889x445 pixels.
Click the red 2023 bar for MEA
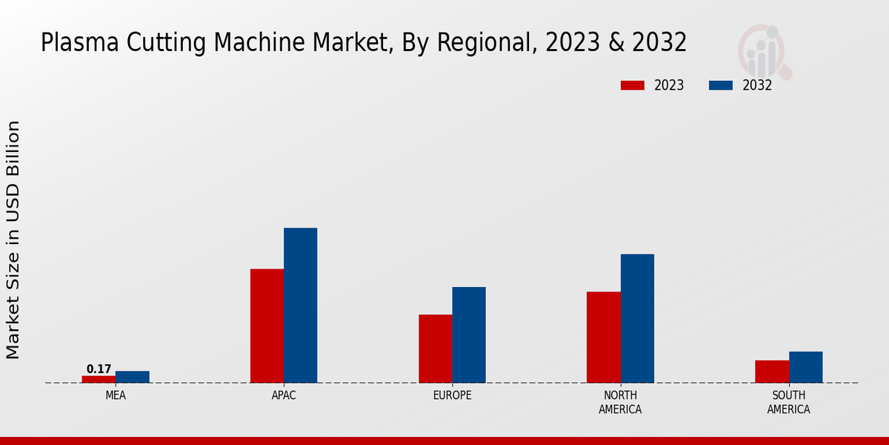99,379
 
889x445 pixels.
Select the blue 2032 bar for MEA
132,377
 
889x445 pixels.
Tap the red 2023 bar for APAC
267,326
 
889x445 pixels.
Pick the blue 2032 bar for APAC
300,305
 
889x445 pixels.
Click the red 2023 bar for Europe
435,349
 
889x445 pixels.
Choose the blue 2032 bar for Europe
469,334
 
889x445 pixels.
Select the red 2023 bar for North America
603,337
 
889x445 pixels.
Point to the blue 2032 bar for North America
637,318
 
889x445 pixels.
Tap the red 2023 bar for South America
772,372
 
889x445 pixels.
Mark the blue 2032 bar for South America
805,367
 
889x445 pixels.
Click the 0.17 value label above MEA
99,369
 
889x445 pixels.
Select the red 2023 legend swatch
633,85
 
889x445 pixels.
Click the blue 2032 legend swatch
721,85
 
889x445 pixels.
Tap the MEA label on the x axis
116,395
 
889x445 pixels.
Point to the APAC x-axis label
284,395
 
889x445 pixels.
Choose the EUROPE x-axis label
452,395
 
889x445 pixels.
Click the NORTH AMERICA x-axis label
620,402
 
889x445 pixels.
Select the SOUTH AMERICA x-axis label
788,402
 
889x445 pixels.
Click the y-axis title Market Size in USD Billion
13,240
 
